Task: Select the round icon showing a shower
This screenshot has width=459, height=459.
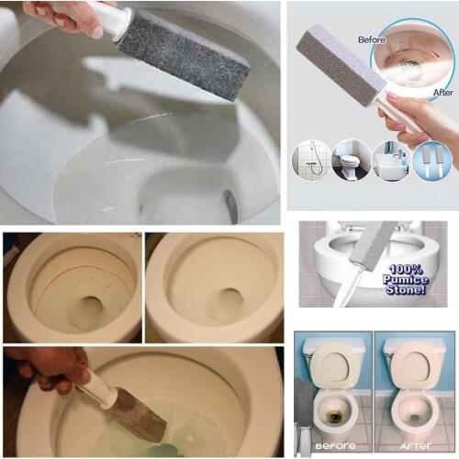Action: pyautogui.click(x=311, y=160)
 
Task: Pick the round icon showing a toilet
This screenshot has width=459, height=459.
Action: pyautogui.click(x=351, y=160)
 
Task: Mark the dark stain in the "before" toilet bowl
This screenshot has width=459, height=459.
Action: pyautogui.click(x=332, y=415)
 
